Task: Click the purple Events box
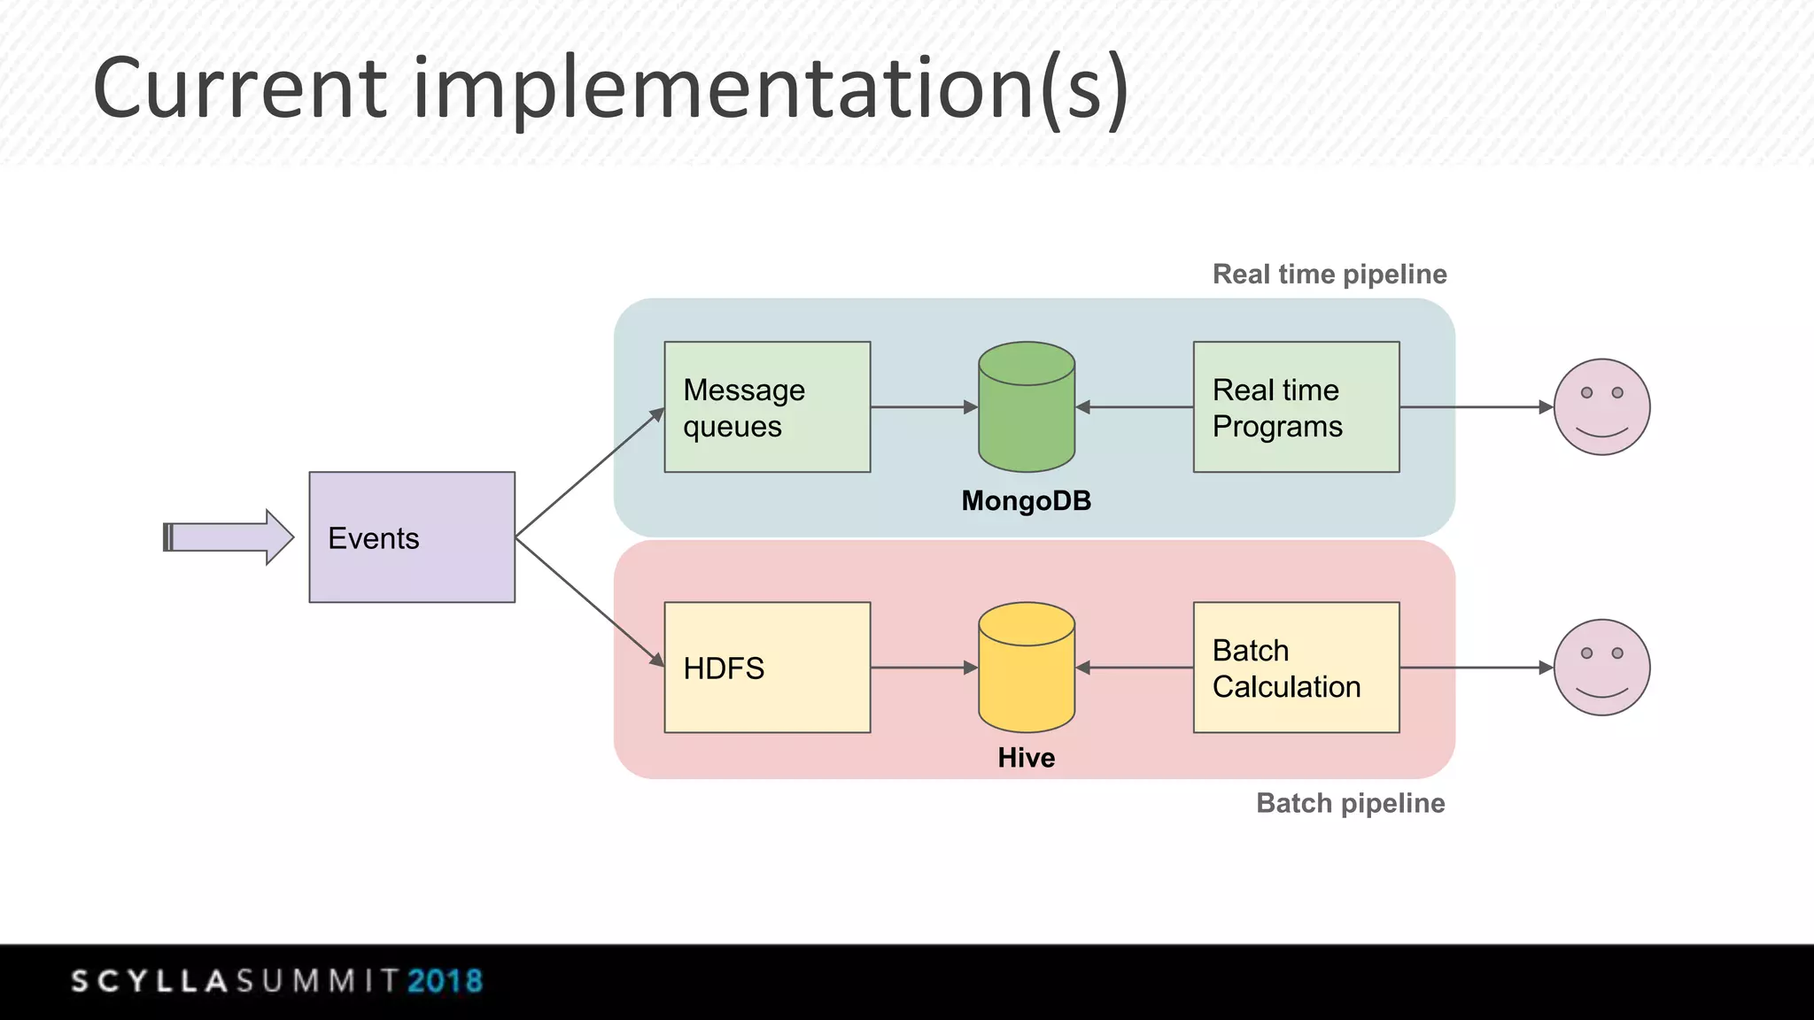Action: tap(412, 537)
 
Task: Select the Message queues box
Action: tap(767, 407)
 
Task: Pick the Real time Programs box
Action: tap(1296, 407)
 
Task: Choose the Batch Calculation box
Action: tap(1296, 668)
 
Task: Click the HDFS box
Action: tap(767, 668)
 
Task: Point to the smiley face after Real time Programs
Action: tap(1601, 407)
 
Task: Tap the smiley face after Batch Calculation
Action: tap(1601, 668)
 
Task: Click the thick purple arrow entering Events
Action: tap(229, 537)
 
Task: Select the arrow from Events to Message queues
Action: tap(589, 473)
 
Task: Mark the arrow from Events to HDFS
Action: tap(589, 602)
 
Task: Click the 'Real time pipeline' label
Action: tap(1329, 274)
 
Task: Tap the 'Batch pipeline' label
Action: tap(1350, 803)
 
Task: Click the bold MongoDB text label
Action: tap(1026, 501)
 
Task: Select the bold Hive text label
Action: tap(1026, 758)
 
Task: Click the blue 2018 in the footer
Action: tap(445, 981)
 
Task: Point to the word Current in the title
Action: tap(240, 89)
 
